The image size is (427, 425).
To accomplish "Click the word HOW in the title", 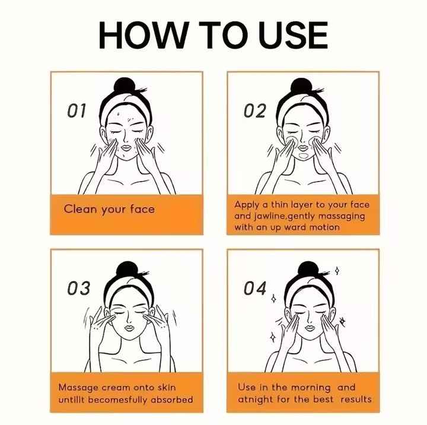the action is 144,35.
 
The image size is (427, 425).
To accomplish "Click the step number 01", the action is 77,110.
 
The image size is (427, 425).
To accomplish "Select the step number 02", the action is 254,110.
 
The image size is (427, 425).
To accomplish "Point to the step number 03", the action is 78,288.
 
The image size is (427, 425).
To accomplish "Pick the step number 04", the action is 255,288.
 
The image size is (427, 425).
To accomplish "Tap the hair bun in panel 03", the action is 126,270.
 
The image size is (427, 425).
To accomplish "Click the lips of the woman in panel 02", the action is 303,148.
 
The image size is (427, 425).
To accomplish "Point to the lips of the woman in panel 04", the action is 310,328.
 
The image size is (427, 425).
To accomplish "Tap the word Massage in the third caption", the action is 78,388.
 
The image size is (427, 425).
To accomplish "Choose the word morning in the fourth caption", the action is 311,388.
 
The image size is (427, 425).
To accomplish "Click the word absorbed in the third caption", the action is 171,399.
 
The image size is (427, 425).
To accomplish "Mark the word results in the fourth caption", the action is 356,399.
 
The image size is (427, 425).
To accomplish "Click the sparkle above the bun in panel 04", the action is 337,271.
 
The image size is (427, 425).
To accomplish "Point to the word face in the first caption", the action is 142,209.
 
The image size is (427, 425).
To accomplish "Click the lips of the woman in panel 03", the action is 130,328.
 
